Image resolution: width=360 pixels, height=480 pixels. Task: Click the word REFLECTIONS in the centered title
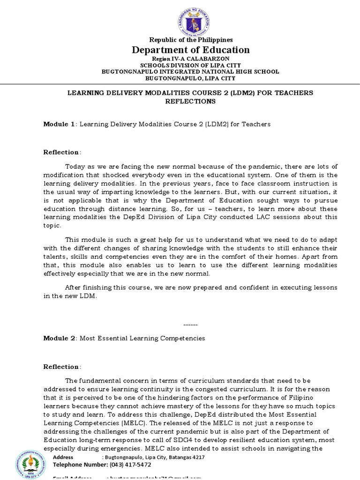point(190,101)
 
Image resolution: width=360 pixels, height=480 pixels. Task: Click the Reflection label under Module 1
point(61,152)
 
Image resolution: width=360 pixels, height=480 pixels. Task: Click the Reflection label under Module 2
point(61,367)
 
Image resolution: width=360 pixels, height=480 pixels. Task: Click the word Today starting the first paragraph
point(75,166)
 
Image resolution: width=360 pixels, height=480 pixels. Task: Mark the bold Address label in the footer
point(63,457)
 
